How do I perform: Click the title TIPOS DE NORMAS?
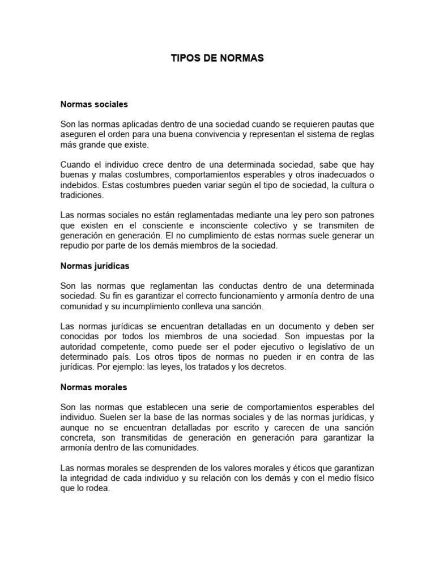tap(217, 58)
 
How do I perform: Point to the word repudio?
tap(74, 246)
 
